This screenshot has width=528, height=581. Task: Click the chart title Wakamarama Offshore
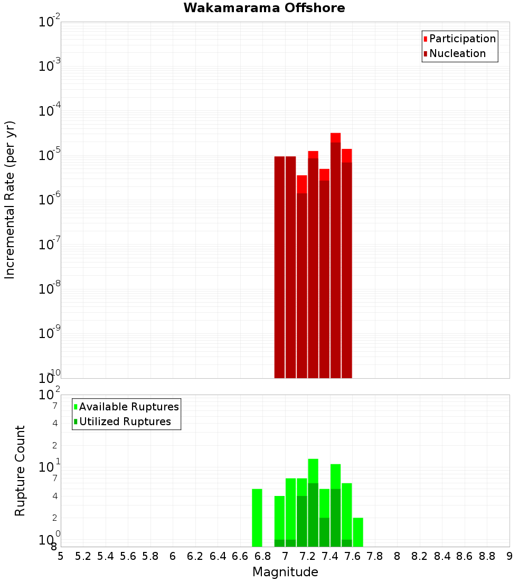pyautogui.click(x=264, y=8)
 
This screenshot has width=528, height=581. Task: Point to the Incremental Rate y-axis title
pyautogui.click(x=10, y=200)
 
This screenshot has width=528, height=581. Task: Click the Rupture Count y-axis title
pyautogui.click(x=20, y=471)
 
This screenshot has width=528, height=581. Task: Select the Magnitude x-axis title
pyautogui.click(x=285, y=572)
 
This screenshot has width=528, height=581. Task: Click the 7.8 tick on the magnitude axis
pyautogui.click(x=375, y=556)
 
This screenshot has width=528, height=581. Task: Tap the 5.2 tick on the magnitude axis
pyautogui.click(x=83, y=556)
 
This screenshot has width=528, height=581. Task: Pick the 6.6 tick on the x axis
pyautogui.click(x=240, y=556)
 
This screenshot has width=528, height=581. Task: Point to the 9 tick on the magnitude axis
pyautogui.click(x=510, y=556)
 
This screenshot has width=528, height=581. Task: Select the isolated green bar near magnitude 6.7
pyautogui.click(x=257, y=518)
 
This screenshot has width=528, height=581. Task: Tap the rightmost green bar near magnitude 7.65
pyautogui.click(x=358, y=532)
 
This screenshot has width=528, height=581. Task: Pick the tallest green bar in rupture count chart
pyautogui.click(x=313, y=502)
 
